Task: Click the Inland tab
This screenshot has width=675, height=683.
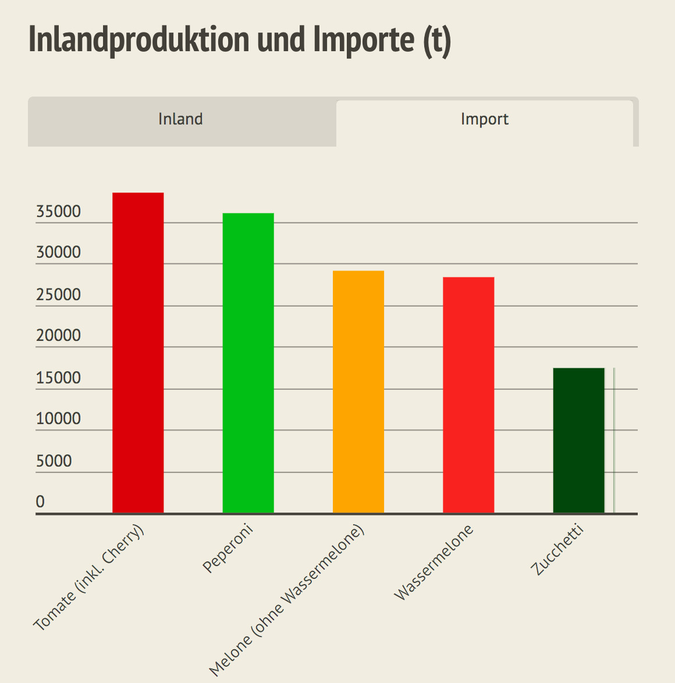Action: click(x=181, y=119)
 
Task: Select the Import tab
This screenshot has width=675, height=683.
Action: click(x=484, y=119)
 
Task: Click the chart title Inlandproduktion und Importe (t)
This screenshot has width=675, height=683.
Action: click(x=240, y=40)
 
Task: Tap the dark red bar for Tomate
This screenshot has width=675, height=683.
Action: click(x=138, y=353)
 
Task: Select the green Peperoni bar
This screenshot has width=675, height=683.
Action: click(x=248, y=363)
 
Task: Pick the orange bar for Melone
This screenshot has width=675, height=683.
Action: click(x=358, y=392)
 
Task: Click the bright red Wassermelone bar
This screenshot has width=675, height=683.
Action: click(x=468, y=395)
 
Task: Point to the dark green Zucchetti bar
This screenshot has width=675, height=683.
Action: click(x=578, y=440)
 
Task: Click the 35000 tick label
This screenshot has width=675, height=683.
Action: click(x=58, y=212)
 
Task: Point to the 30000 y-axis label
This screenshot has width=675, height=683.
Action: click(x=58, y=253)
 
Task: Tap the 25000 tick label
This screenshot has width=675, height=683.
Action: click(x=58, y=295)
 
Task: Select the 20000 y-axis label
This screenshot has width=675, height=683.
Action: click(x=58, y=336)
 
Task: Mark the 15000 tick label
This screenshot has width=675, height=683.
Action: click(x=58, y=378)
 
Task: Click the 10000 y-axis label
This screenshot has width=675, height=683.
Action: click(x=58, y=419)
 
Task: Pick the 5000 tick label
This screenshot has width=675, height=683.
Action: click(x=54, y=461)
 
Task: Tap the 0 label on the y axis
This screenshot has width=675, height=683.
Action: click(x=40, y=502)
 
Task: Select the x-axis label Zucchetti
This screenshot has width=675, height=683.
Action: click(x=557, y=550)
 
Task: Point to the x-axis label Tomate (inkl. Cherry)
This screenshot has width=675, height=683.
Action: click(x=88, y=579)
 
